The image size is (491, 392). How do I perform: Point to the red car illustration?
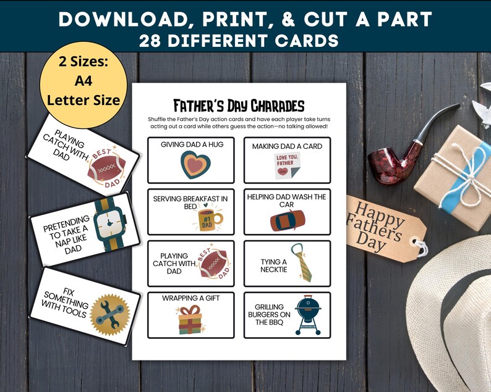(x=287, y=220)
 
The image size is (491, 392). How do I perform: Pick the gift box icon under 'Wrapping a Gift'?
(x=192, y=320)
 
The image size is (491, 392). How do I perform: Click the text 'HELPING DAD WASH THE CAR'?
(x=286, y=200)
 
